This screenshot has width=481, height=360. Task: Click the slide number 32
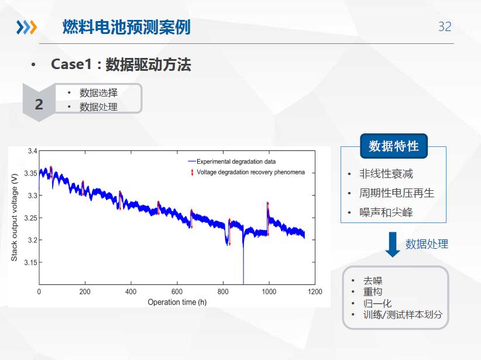click(x=445, y=27)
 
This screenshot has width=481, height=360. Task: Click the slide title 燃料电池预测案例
click(x=126, y=27)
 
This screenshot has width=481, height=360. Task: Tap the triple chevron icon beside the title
click(x=26, y=27)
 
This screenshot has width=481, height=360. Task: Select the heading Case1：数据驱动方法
click(x=121, y=64)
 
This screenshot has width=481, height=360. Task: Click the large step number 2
click(x=39, y=104)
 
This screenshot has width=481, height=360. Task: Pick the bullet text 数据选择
click(x=98, y=92)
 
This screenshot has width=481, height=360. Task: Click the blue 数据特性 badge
click(x=394, y=146)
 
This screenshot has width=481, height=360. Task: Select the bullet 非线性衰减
click(x=386, y=174)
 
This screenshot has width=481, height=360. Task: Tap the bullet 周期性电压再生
click(x=397, y=193)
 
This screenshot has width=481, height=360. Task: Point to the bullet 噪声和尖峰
click(x=386, y=212)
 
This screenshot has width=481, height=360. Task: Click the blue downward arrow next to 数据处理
click(x=393, y=245)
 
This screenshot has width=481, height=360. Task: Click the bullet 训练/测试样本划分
click(x=403, y=314)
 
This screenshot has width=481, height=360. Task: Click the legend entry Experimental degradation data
click(x=236, y=162)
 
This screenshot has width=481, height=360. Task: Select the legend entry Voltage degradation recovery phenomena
click(x=250, y=172)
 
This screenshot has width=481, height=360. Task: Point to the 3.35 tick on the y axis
click(x=30, y=173)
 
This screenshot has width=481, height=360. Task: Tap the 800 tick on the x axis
click(x=223, y=292)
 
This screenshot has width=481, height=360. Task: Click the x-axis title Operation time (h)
click(x=177, y=302)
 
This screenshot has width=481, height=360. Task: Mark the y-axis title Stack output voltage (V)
click(x=14, y=217)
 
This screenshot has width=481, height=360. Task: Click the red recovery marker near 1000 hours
click(x=268, y=219)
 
